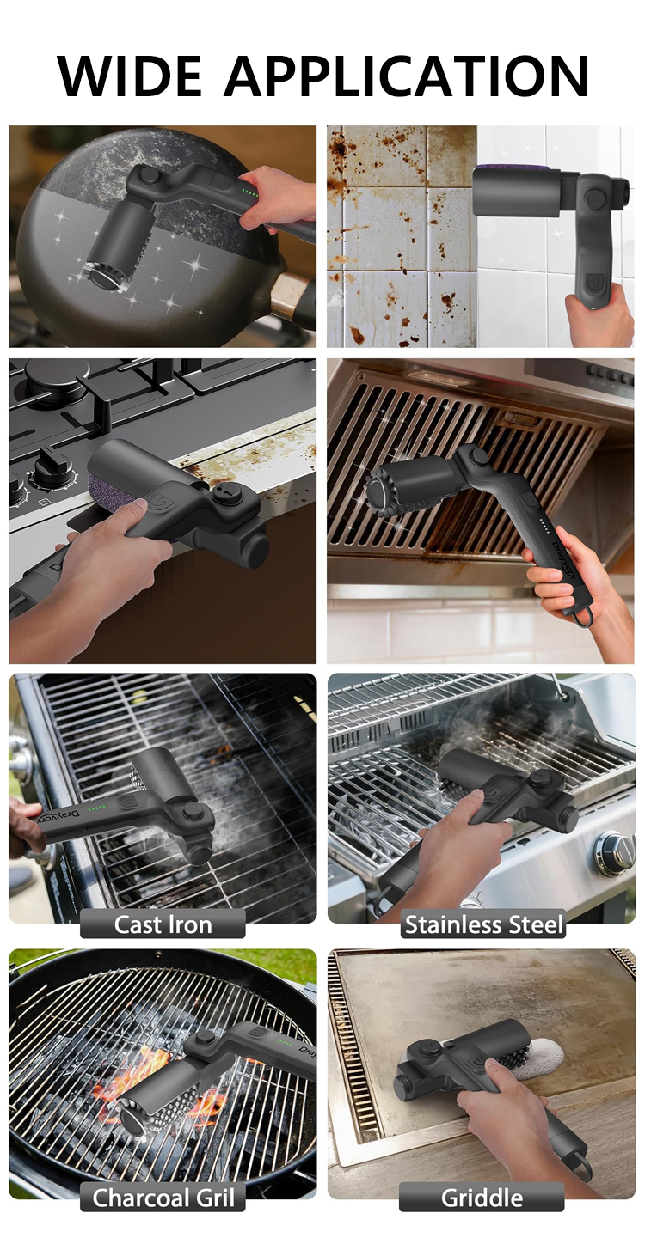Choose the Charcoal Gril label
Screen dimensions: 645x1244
(163, 1198)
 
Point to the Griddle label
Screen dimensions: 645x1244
(482, 1198)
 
